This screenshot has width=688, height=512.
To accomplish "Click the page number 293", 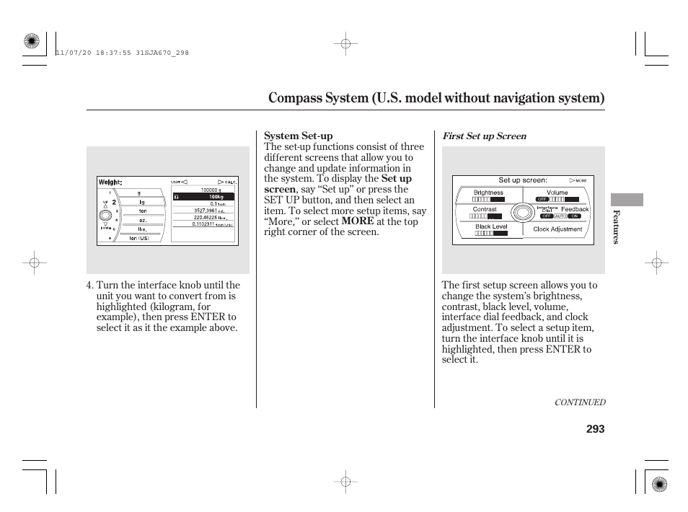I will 595,429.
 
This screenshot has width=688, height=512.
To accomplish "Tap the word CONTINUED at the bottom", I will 579,402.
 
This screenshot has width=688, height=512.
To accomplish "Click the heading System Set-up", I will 298,136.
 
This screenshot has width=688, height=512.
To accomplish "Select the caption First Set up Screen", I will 484,136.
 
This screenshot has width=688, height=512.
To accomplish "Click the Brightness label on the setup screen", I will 488,193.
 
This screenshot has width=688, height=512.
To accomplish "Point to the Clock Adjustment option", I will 557,229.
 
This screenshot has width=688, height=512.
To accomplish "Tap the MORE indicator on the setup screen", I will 578,180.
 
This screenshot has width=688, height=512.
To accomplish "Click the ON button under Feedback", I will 574,216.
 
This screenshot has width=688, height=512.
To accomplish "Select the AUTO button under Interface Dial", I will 560,216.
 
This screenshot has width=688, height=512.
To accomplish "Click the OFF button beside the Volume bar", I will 542,199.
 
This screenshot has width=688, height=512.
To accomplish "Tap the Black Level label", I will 491,226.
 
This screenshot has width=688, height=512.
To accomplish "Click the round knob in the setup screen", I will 521,212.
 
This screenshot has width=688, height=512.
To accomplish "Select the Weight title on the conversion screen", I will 110,182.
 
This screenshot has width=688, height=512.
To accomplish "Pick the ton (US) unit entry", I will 139,238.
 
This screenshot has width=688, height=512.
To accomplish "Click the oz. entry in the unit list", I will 144,220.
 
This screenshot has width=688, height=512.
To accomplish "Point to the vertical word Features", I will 616,227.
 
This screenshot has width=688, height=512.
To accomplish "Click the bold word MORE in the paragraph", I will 358,221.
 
